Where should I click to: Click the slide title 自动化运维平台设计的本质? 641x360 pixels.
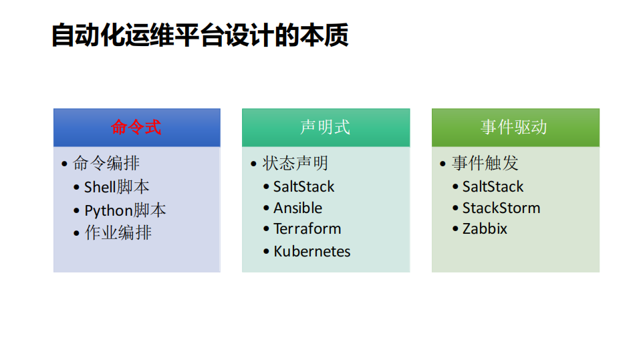[x=200, y=36]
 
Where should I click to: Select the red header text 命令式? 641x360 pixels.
[x=136, y=128]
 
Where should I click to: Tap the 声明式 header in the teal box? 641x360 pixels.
[x=326, y=128]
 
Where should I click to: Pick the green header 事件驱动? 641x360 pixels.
[x=515, y=128]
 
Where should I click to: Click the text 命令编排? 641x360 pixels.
[x=106, y=164]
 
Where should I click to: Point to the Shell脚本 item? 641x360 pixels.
[x=116, y=187]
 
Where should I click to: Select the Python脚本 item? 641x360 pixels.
[x=125, y=210]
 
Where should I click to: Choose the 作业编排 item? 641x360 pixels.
[x=118, y=233]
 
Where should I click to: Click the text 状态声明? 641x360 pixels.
[x=295, y=164]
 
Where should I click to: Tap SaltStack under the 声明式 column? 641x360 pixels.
[x=303, y=187]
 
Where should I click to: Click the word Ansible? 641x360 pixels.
[x=297, y=208]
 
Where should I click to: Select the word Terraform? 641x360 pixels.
[x=307, y=229]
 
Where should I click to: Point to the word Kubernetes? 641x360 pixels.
[x=311, y=252]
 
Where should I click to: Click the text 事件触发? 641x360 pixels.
[x=485, y=164]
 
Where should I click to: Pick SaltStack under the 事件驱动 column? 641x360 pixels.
[x=493, y=187]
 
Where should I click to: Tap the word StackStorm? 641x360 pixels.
[x=501, y=208]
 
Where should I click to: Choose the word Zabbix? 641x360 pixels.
[x=485, y=229]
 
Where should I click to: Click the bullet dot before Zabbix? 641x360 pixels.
[x=455, y=229]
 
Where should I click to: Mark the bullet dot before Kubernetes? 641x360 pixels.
[x=266, y=252]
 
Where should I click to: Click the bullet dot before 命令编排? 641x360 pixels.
[x=64, y=164]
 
